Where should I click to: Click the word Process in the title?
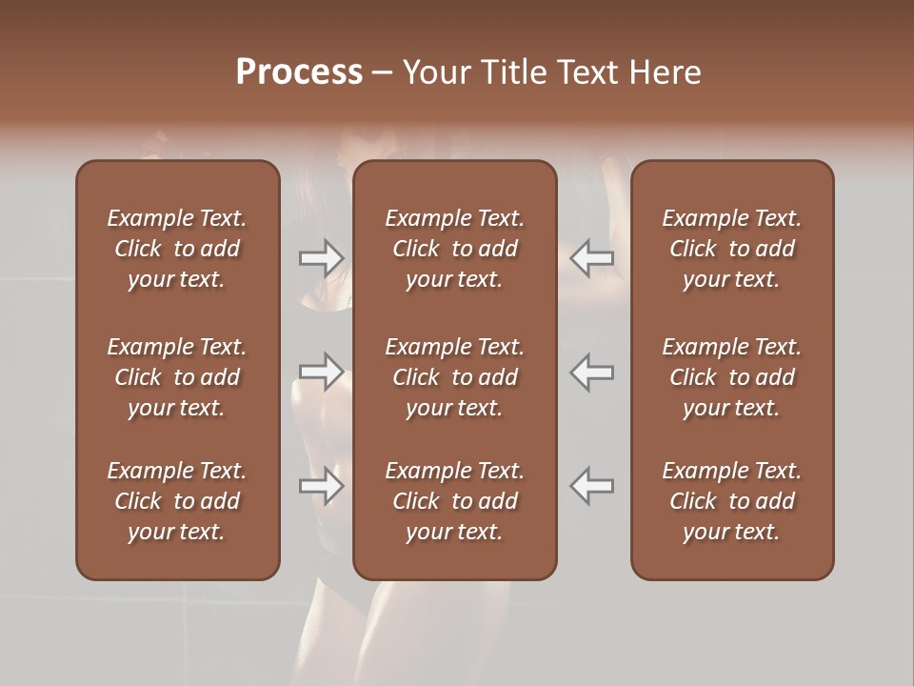point(299,72)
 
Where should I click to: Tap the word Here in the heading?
point(665,72)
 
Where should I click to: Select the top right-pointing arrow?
point(322,257)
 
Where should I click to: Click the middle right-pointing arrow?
point(322,371)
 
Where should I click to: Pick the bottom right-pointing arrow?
point(322,485)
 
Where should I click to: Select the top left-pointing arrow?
point(591,257)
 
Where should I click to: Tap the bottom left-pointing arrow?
point(591,485)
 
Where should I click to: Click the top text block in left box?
point(177,249)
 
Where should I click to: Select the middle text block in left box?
point(177,377)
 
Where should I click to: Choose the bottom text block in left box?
point(177,501)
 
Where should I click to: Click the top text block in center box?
point(454,249)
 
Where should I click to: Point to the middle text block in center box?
point(454,377)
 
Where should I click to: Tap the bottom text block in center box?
point(454,501)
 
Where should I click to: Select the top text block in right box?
point(732,249)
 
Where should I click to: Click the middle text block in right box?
point(732,377)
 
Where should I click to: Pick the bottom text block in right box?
point(732,501)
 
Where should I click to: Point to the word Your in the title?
point(434,72)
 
